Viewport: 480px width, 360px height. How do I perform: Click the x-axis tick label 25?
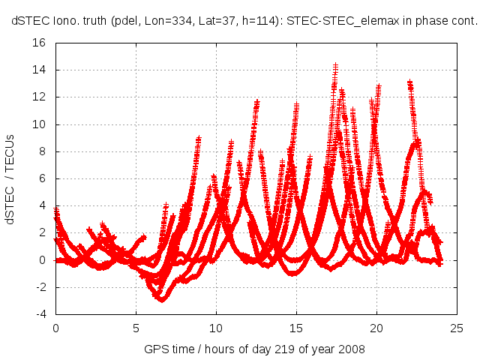tap(456, 328)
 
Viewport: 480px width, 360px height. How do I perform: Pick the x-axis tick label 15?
tap(295, 328)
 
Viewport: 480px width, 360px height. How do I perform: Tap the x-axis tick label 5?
tap(136, 328)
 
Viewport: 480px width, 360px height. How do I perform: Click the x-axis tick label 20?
tap(376, 328)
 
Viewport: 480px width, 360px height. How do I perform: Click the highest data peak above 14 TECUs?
tap(335, 65)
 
